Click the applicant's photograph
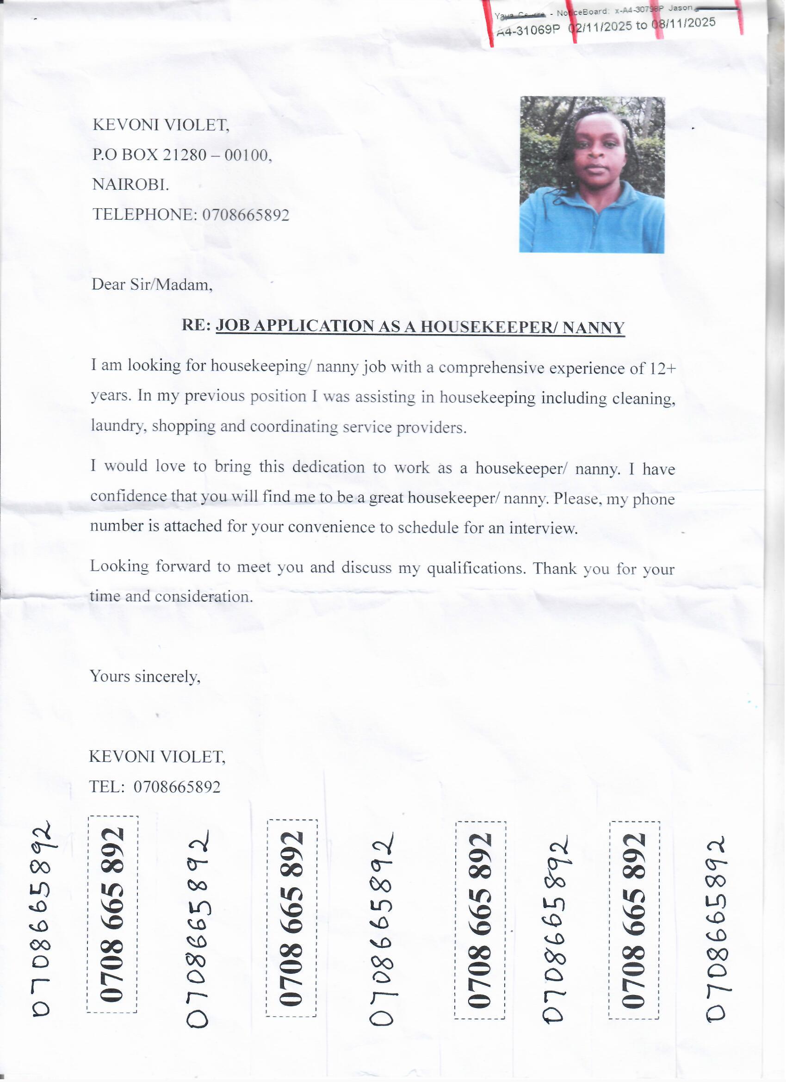click(x=592, y=174)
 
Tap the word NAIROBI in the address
click(x=130, y=185)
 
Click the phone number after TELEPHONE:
click(x=246, y=215)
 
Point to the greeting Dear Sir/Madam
click(x=152, y=285)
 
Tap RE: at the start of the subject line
click(x=196, y=325)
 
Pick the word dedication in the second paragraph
click(x=328, y=467)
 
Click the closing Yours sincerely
click(x=145, y=677)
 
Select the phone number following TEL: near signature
click(x=177, y=787)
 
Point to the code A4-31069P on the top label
click(x=528, y=30)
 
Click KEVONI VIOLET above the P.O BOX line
click(x=161, y=125)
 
